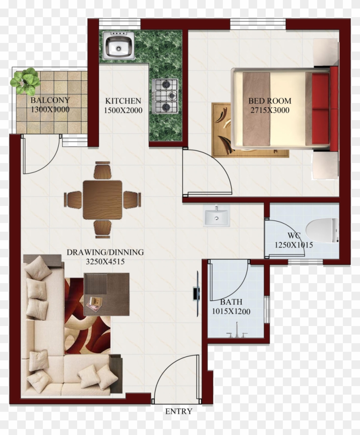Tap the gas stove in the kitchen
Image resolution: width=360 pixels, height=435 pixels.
(165, 96)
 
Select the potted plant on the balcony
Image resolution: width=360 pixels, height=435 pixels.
(26, 80)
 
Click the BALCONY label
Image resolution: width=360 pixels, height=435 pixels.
(50, 101)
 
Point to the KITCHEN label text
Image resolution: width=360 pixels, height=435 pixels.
(123, 101)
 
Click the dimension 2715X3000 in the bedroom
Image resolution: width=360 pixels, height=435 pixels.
(270, 110)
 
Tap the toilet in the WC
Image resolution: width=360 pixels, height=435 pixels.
(322, 230)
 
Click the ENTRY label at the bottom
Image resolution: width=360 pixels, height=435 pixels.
(179, 411)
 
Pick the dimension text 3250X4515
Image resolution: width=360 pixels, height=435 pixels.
(105, 261)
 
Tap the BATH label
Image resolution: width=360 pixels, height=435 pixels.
(231, 302)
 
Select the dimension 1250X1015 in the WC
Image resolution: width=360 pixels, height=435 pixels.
(294, 245)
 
